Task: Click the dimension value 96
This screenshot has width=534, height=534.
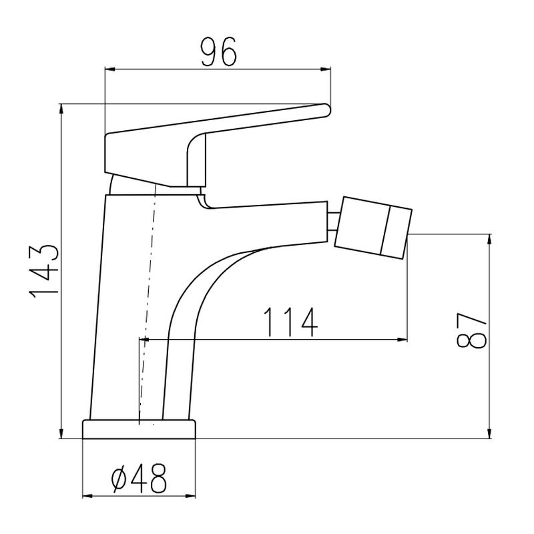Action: pyautogui.click(x=218, y=51)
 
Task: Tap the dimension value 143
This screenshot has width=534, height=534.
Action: pyautogui.click(x=45, y=271)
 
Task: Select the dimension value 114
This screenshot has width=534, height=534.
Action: pyautogui.click(x=290, y=322)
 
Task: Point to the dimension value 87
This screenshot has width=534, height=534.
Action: pyautogui.click(x=472, y=330)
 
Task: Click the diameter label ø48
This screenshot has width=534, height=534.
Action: pyautogui.click(x=139, y=478)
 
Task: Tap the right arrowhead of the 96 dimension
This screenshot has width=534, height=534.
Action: pyautogui.click(x=326, y=70)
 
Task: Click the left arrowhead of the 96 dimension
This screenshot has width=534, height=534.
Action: pyautogui.click(x=110, y=70)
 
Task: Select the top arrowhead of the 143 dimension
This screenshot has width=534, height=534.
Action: pyautogui.click(x=61, y=109)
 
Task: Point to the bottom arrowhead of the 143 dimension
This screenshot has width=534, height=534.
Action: pyautogui.click(x=61, y=433)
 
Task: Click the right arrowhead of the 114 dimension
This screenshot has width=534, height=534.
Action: pyautogui.click(x=403, y=339)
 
